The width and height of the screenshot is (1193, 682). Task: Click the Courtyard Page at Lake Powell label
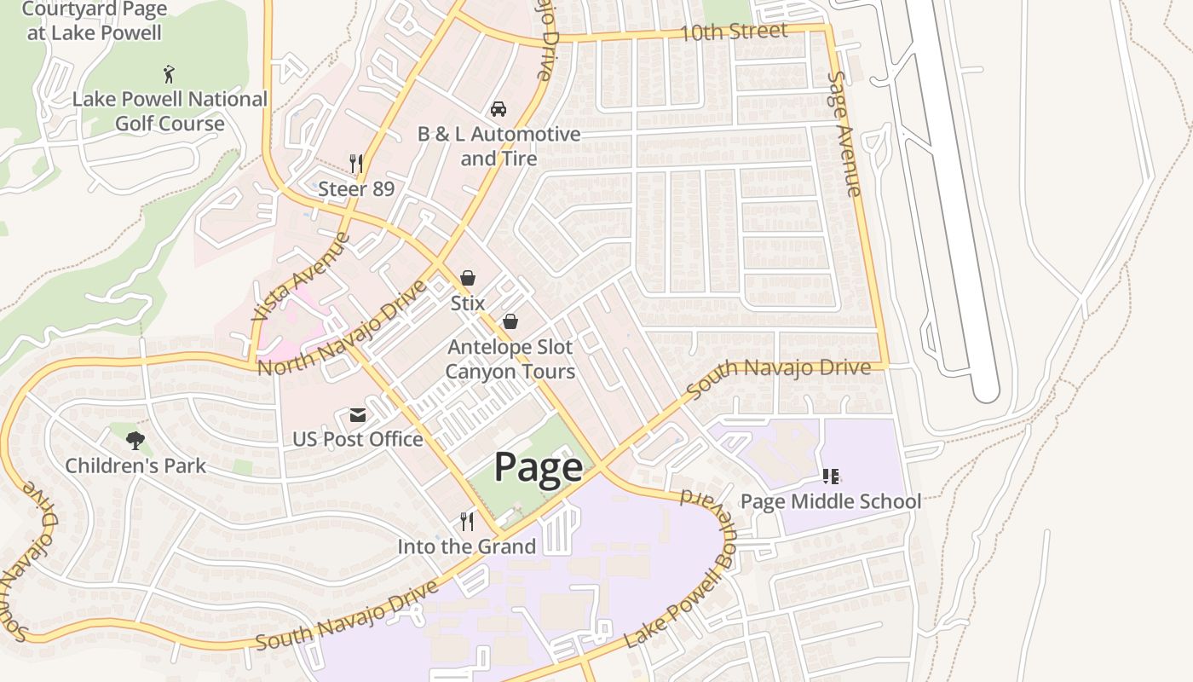click(x=94, y=21)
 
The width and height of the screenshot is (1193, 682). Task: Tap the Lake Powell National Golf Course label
click(x=170, y=111)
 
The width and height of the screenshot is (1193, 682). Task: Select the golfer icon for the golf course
click(x=170, y=74)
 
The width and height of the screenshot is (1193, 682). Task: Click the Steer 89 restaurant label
click(x=356, y=188)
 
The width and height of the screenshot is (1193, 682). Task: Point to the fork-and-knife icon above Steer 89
click(x=356, y=163)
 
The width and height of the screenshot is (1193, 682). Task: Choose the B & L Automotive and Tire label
click(x=499, y=146)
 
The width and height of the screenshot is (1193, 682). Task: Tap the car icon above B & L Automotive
click(x=499, y=109)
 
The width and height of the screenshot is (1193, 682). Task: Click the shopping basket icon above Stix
click(x=467, y=278)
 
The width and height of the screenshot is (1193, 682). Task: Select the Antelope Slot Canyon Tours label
click(x=510, y=359)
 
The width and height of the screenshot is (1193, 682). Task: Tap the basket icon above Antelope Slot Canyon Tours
click(x=510, y=321)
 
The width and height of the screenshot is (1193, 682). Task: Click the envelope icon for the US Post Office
click(x=357, y=415)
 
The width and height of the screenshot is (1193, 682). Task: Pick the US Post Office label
click(x=358, y=439)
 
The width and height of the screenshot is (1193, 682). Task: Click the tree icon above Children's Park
click(x=135, y=440)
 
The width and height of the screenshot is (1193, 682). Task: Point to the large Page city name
click(x=539, y=467)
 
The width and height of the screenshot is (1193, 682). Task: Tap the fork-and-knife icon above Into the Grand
click(x=466, y=521)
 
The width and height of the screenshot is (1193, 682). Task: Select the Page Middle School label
click(x=831, y=500)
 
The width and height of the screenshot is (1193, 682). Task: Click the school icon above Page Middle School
click(x=831, y=476)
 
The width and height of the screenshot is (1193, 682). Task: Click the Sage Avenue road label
click(x=844, y=133)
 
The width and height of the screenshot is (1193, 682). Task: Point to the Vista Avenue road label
click(x=300, y=276)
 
